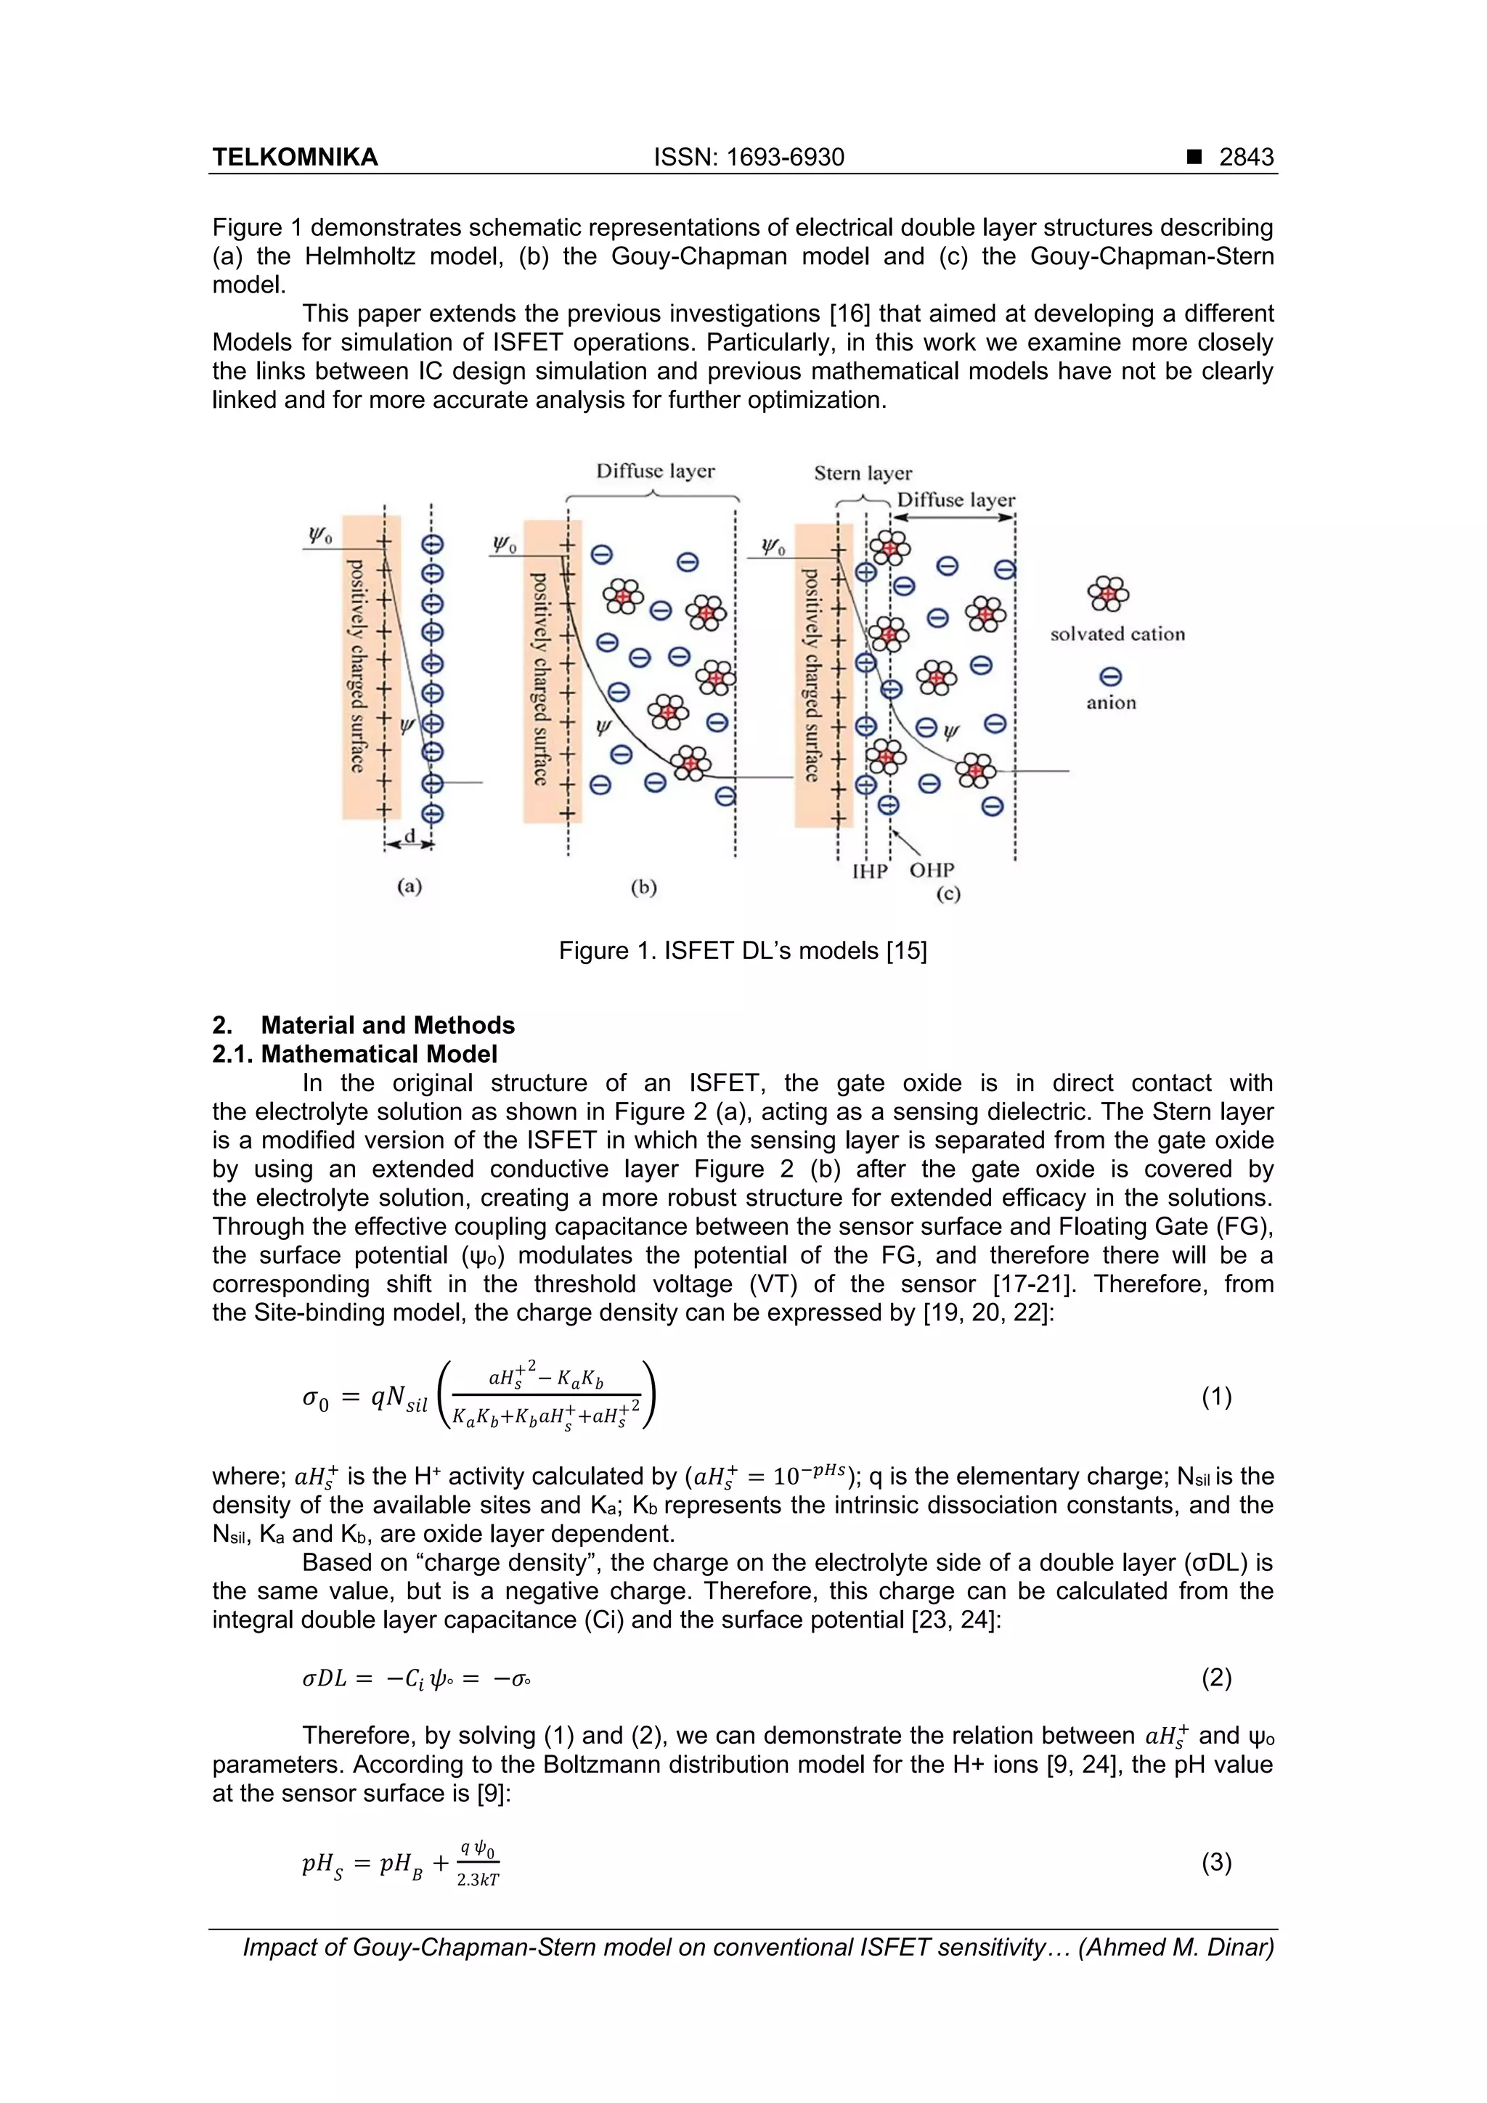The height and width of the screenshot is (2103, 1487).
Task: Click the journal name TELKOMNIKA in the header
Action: pyautogui.click(x=295, y=158)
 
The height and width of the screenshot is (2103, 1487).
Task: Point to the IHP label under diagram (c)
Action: pyautogui.click(x=870, y=870)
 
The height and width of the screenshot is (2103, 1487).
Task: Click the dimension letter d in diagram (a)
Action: pyautogui.click(x=410, y=837)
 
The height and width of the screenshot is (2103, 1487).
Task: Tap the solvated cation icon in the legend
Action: pyautogui.click(x=1109, y=594)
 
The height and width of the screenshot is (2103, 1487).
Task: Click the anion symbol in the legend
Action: pyautogui.click(x=1110, y=677)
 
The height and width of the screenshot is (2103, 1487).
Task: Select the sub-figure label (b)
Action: pyautogui.click(x=644, y=886)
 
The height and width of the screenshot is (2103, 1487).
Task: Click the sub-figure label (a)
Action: pyautogui.click(x=410, y=886)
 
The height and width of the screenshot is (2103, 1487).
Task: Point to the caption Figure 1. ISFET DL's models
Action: pyautogui.click(x=742, y=951)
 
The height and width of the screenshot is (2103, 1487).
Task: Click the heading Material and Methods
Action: pyautogui.click(x=388, y=1025)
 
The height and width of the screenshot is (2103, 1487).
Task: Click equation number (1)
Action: pyautogui.click(x=1215, y=1397)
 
